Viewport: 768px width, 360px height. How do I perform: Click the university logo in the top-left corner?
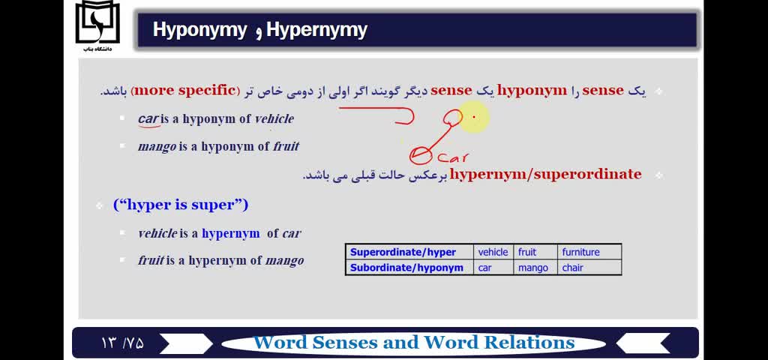(x=97, y=25)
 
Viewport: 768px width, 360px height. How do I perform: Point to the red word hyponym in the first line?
(x=532, y=91)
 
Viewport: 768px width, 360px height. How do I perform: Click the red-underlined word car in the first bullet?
(x=148, y=119)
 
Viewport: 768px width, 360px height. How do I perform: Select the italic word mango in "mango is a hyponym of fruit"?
(x=157, y=146)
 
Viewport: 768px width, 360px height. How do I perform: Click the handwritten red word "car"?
(x=454, y=157)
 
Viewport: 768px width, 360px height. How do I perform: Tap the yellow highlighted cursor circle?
(x=474, y=117)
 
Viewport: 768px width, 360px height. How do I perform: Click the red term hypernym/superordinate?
(x=545, y=174)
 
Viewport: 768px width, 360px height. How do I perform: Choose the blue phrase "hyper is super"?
(x=181, y=205)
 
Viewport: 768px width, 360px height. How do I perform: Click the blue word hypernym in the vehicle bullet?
(x=231, y=234)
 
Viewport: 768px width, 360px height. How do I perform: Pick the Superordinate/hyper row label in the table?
(x=403, y=252)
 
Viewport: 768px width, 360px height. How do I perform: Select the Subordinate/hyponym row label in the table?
(x=406, y=268)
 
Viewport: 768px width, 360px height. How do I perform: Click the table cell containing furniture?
(x=589, y=252)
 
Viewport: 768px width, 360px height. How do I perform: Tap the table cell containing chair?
(x=589, y=268)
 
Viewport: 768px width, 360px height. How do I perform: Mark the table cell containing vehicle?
(x=493, y=252)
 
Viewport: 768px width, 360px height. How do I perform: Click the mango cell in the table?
(x=535, y=268)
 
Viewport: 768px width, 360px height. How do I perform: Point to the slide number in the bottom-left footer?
(x=123, y=342)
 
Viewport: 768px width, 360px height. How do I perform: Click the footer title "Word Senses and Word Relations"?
(x=414, y=342)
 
